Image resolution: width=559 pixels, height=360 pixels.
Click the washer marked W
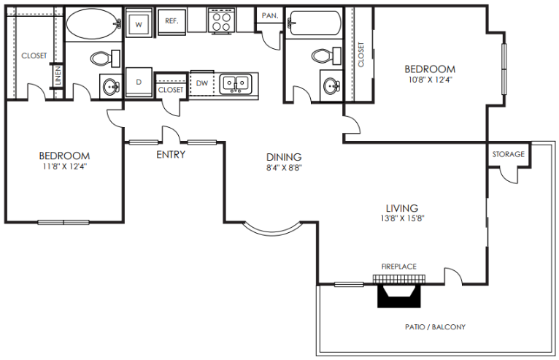click(139, 23)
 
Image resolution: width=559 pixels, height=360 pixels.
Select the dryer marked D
click(139, 82)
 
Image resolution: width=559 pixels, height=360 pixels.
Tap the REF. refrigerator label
click(172, 21)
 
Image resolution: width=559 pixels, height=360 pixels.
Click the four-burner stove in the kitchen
click(220, 21)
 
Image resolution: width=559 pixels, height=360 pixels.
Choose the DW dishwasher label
click(201, 83)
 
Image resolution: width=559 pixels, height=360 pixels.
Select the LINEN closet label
click(56, 76)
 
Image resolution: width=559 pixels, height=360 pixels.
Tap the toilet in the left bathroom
click(100, 58)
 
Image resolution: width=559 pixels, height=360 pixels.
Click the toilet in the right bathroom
click(321, 55)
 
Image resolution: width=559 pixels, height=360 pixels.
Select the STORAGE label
click(508, 154)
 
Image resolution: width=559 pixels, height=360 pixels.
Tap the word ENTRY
click(171, 155)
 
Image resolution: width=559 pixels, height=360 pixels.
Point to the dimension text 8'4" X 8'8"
click(284, 167)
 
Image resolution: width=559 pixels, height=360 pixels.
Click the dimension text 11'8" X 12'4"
click(64, 166)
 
